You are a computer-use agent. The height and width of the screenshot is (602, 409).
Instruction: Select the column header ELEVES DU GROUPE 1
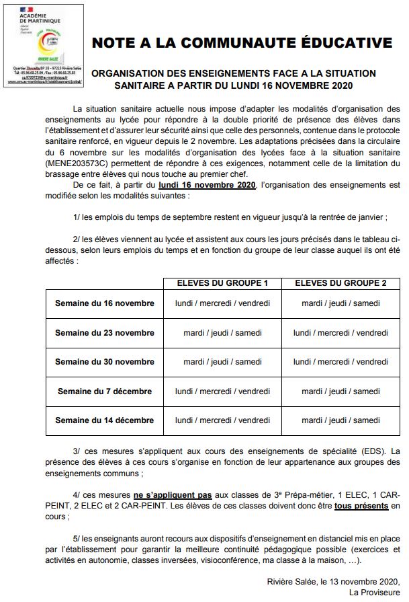click(222, 283)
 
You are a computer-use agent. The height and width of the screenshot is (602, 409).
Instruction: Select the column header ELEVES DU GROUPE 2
click(340, 283)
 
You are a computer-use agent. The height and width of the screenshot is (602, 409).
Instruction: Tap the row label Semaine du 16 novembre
click(104, 303)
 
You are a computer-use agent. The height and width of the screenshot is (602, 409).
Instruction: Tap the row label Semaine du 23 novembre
click(104, 333)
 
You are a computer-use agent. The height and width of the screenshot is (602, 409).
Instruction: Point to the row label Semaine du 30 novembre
click(104, 362)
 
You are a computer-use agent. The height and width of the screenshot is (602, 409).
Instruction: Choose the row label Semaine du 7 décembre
click(104, 391)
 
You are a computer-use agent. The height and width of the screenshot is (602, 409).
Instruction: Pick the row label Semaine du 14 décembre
click(104, 420)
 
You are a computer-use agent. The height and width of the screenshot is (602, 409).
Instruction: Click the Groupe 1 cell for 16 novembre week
click(222, 303)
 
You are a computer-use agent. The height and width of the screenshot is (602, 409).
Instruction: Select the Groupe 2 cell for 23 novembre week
click(340, 333)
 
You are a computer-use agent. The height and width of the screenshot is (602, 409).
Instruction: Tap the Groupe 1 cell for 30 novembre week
click(222, 362)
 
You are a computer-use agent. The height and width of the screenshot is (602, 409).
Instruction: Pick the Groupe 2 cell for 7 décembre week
click(340, 391)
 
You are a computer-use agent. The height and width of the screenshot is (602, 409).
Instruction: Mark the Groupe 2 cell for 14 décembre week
click(340, 420)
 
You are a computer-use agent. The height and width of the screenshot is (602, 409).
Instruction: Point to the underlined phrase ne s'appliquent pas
click(173, 494)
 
